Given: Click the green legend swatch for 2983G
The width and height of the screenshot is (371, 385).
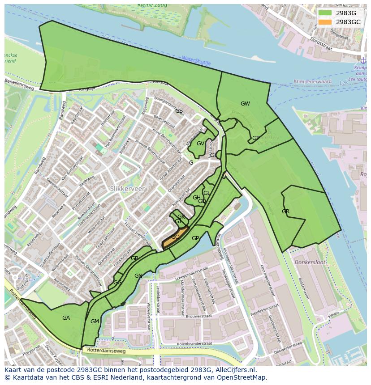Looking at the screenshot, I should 325,13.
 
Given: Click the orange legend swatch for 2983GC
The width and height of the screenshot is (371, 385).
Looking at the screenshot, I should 325,22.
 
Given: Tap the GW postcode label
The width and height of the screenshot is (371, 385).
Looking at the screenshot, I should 245,104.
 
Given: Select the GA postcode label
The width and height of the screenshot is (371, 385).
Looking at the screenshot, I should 66,318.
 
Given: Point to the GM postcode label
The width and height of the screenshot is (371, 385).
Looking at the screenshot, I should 95,322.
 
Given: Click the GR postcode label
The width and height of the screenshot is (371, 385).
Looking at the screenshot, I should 285,211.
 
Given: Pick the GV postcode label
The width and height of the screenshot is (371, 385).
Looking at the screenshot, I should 200,144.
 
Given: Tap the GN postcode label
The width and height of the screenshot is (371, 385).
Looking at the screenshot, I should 138,276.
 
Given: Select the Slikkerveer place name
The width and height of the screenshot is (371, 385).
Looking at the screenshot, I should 128,189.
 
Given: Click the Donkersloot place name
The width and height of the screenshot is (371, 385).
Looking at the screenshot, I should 310,262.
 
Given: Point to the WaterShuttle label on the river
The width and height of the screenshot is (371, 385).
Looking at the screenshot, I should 196,60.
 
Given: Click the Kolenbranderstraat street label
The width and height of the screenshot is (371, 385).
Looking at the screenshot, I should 194,343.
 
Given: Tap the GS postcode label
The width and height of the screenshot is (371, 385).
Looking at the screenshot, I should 179,110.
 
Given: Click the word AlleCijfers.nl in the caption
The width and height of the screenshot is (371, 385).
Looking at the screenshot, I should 235,370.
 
